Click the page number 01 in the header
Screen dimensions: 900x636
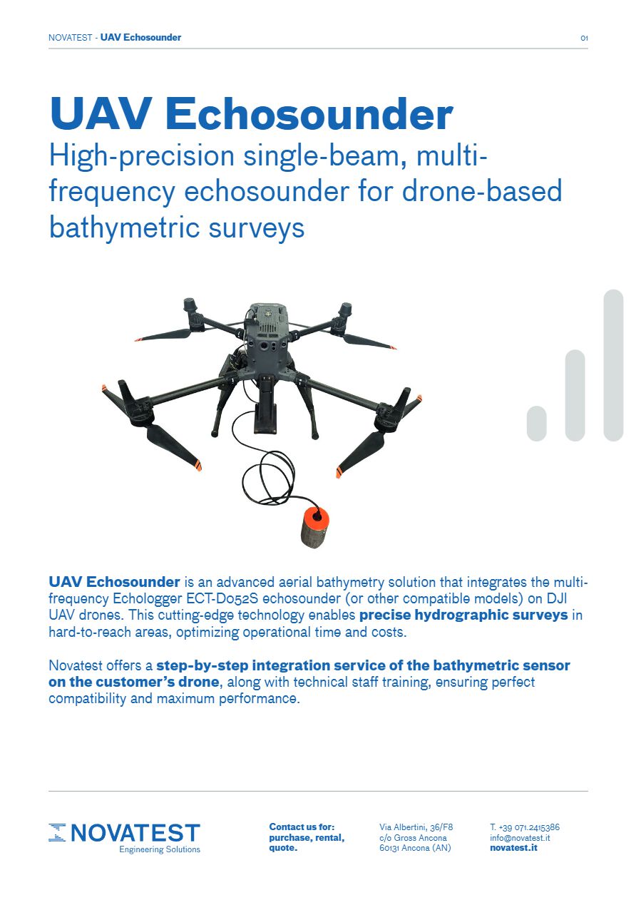click(584, 38)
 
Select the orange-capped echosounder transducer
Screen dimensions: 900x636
click(313, 526)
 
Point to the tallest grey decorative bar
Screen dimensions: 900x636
click(613, 364)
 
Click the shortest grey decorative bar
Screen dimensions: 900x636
click(536, 424)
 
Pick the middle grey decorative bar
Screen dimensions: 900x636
click(575, 395)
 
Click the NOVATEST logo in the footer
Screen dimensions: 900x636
click(125, 833)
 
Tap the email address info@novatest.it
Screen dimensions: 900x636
click(520, 838)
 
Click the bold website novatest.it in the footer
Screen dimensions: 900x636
click(513, 849)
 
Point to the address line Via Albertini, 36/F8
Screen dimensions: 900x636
click(416, 827)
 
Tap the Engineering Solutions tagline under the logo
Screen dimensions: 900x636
click(160, 850)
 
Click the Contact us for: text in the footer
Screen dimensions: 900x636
click(302, 827)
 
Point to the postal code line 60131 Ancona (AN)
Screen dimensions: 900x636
click(415, 849)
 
